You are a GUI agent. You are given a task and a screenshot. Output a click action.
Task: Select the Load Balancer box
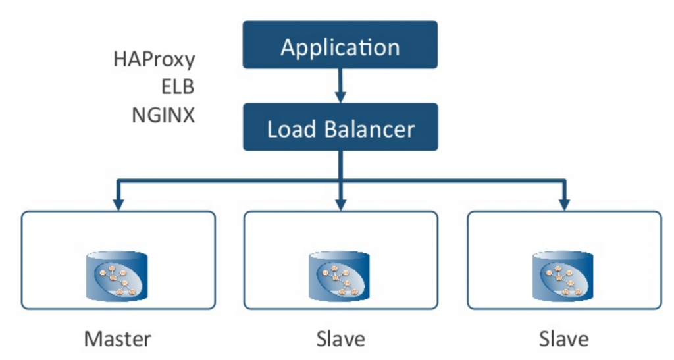coord(340,127)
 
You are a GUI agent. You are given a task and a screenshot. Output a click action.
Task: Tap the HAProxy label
coord(155,59)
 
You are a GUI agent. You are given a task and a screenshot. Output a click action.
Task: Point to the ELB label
coord(176,87)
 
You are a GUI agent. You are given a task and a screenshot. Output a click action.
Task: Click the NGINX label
coord(163,115)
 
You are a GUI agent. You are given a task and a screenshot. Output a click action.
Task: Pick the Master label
coord(118,339)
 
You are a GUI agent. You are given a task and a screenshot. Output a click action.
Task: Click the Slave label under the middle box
coord(340,339)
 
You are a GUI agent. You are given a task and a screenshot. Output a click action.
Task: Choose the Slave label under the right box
coord(563,339)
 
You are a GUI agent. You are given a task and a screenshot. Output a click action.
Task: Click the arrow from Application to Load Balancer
coord(340,86)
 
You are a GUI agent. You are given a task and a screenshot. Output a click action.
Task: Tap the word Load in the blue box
coord(291,128)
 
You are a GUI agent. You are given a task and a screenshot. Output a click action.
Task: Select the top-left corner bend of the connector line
coord(118,179)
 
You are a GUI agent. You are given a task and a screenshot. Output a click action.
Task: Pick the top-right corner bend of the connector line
coord(563,179)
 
